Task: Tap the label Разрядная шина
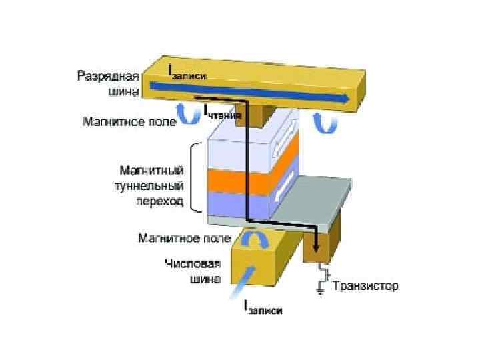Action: [109, 83]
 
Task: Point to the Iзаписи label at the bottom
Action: [263, 309]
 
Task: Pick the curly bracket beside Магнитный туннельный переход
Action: [195, 177]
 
